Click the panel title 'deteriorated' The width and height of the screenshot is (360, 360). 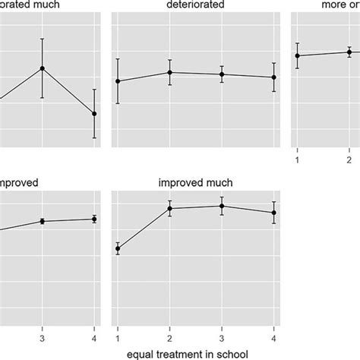196,5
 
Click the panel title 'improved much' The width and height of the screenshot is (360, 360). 196,183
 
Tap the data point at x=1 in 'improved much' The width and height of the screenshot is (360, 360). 118,248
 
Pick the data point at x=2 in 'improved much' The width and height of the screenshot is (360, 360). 170,208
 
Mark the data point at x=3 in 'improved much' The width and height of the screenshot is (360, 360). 222,206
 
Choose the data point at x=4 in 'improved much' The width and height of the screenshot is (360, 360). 273,213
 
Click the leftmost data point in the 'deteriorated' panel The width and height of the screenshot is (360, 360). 118,81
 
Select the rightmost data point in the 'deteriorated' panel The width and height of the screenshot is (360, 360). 273,77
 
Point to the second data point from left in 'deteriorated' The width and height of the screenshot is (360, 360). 170,72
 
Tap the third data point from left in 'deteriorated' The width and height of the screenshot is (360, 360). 222,74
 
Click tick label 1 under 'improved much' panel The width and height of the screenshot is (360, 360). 118,337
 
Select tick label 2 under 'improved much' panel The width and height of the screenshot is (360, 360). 170,337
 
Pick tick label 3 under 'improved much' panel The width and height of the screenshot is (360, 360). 222,337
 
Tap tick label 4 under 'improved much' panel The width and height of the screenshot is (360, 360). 273,337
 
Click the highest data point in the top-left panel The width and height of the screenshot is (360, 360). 43,68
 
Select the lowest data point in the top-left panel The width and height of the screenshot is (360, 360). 94,114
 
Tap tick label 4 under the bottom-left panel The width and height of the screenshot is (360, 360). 94,337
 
